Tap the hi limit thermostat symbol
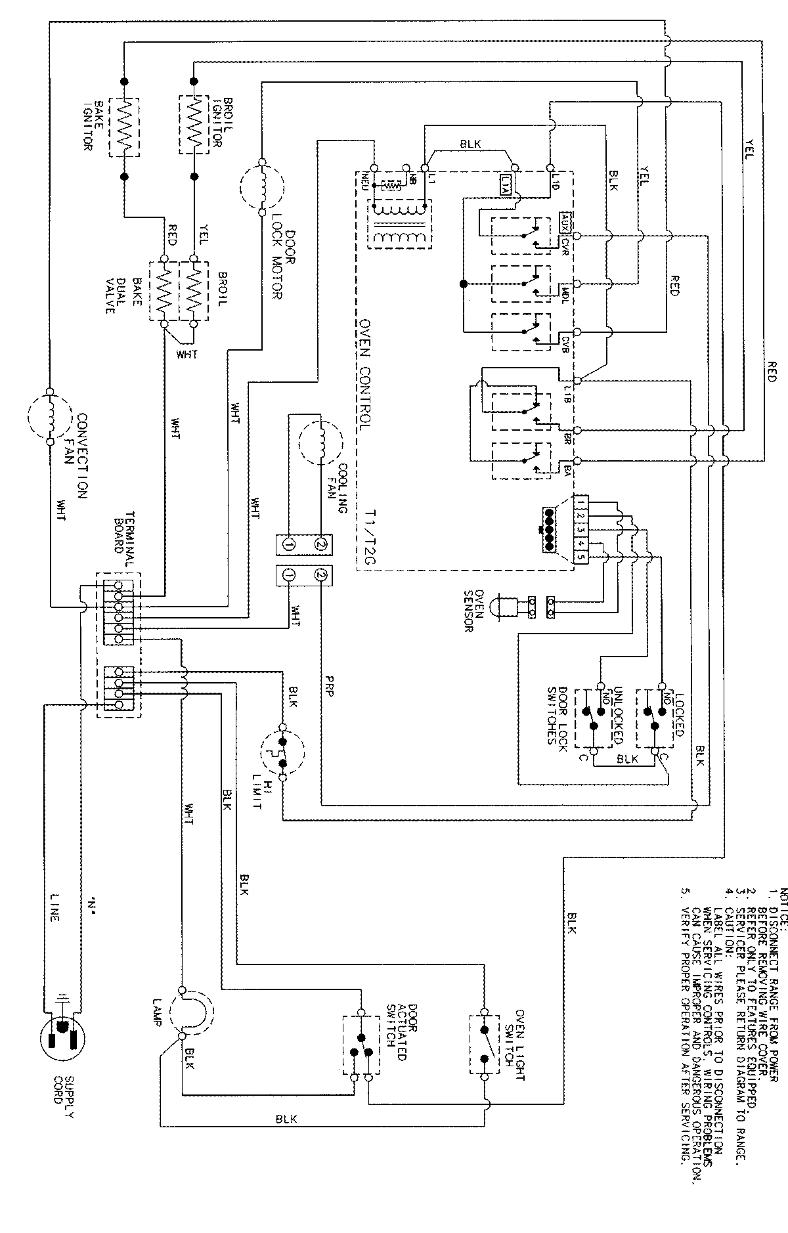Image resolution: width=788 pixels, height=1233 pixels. [x=283, y=752]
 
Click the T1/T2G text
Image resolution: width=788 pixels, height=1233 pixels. [x=366, y=536]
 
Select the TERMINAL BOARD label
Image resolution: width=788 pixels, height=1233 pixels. [x=125, y=540]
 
